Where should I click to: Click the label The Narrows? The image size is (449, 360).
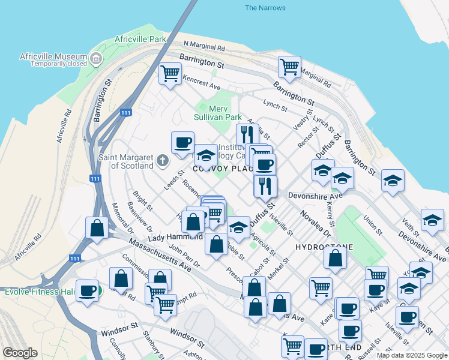tap(265, 8)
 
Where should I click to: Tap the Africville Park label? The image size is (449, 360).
tap(140, 39)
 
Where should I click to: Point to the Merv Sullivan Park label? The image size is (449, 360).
tap(217, 113)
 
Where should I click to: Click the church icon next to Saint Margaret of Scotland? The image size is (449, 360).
tap(162, 161)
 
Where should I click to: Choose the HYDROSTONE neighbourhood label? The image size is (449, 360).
tap(324, 247)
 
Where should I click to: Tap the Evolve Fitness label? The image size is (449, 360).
tap(38, 292)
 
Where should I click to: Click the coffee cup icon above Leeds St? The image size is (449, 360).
tap(182, 143)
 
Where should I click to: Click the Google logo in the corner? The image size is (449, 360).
tap(20, 353)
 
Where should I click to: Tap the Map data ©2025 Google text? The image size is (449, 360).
tap(411, 355)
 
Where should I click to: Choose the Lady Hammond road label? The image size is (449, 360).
tap(175, 238)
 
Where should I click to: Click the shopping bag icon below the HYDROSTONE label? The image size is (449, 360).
tap(336, 258)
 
